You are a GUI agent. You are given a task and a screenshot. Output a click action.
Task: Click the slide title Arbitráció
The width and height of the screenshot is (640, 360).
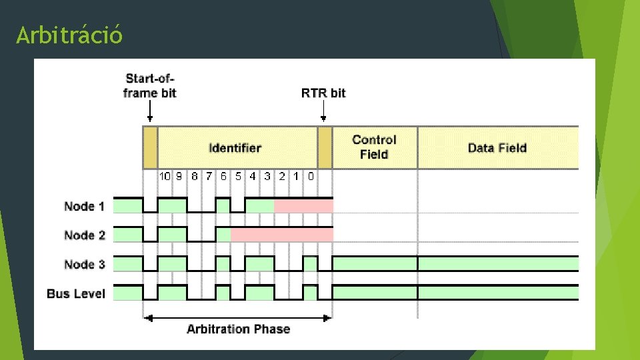pyautogui.click(x=69, y=35)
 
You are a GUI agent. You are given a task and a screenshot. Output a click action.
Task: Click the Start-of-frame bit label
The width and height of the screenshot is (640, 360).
pyautogui.click(x=150, y=86)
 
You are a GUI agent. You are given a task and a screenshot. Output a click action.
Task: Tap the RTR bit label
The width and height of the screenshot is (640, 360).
pyautogui.click(x=323, y=93)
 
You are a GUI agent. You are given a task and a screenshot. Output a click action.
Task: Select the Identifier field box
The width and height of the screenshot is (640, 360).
pyautogui.click(x=236, y=148)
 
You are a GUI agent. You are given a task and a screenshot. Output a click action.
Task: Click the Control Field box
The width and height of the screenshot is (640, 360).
pyautogui.click(x=374, y=147)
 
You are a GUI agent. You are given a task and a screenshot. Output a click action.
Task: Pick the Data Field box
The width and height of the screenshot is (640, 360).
pyautogui.click(x=497, y=148)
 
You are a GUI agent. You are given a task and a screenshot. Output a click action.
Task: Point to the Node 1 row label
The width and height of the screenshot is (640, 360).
pyautogui.click(x=84, y=206)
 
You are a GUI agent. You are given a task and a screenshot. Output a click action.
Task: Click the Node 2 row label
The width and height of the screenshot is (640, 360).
pyautogui.click(x=84, y=235)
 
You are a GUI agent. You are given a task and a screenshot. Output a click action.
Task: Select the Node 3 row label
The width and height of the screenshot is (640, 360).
pyautogui.click(x=84, y=265)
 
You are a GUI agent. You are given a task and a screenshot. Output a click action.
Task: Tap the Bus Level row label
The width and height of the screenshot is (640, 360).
pyautogui.click(x=76, y=293)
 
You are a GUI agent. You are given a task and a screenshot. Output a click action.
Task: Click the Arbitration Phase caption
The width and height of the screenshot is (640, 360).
pyautogui.click(x=238, y=329)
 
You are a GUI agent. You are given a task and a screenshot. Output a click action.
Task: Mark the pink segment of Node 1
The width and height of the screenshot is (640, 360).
pyautogui.click(x=303, y=205)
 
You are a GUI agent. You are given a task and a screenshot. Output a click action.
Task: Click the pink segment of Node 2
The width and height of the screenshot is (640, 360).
pyautogui.click(x=281, y=235)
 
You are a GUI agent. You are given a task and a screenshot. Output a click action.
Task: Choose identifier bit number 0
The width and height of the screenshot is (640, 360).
pyautogui.click(x=311, y=177)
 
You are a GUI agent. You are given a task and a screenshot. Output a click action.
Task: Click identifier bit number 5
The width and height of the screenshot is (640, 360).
pyautogui.click(x=238, y=177)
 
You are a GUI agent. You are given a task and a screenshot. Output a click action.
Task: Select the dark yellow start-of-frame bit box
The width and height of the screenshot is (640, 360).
pyautogui.click(x=150, y=148)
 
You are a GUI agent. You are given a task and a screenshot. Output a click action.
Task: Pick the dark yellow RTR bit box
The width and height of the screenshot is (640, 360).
pyautogui.click(x=325, y=148)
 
